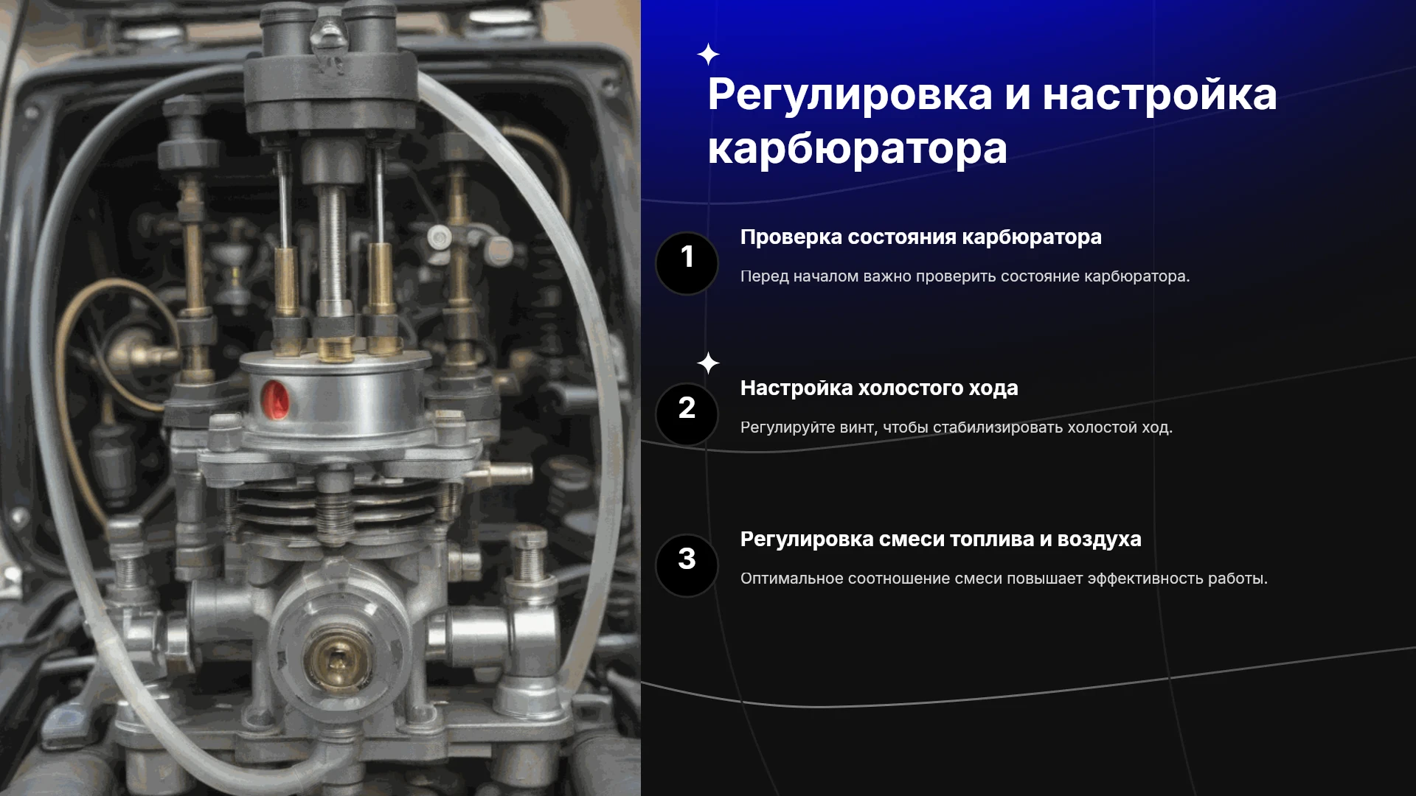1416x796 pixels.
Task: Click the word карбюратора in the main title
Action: click(857, 149)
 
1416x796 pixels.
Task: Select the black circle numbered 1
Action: click(687, 263)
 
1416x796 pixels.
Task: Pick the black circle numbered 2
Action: click(687, 414)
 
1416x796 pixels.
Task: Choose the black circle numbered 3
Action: click(687, 565)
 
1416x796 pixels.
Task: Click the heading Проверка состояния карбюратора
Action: click(920, 237)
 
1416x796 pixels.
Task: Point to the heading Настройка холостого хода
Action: click(879, 388)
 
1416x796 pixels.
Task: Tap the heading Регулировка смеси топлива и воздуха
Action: click(940, 540)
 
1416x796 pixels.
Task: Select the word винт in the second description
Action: click(858, 427)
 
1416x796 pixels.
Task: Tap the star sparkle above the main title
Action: click(708, 55)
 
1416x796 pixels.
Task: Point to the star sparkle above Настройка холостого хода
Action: click(708, 363)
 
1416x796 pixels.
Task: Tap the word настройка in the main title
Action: click(1159, 96)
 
